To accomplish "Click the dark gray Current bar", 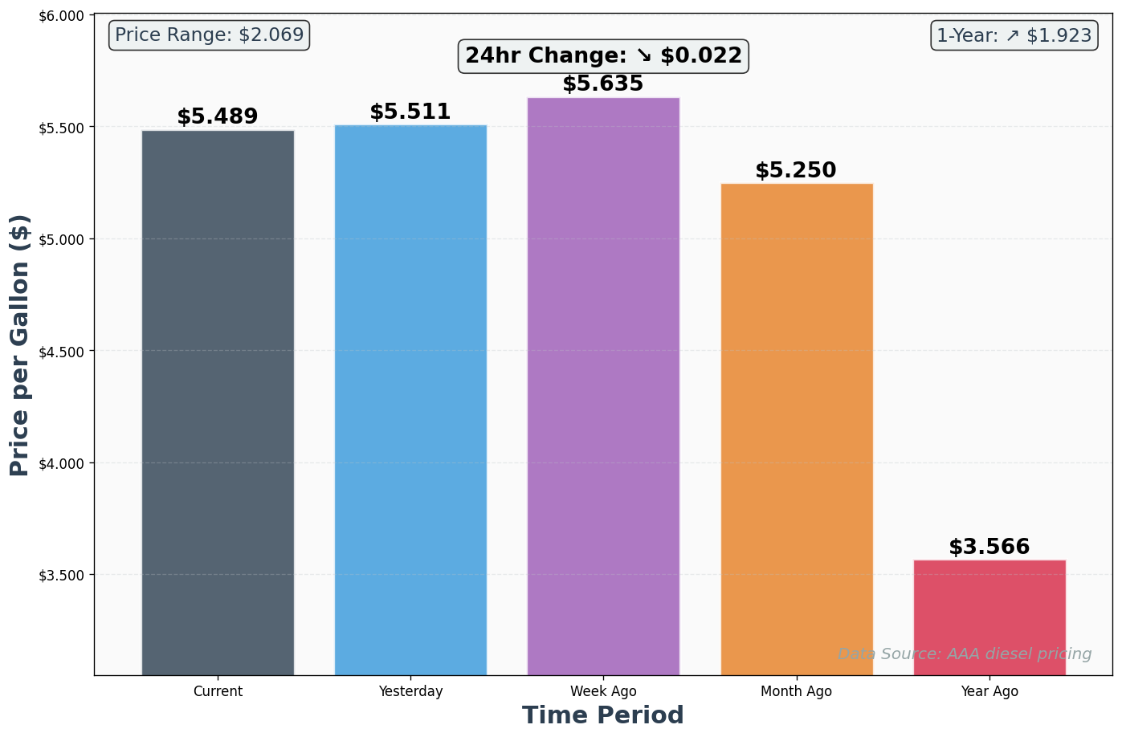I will point(218,401).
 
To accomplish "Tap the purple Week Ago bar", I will point(603,385).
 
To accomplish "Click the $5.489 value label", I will point(218,117).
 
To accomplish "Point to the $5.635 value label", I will point(603,84).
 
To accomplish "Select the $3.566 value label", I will point(989,548).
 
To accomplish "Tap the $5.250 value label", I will point(796,171).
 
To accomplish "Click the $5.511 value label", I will point(410,112).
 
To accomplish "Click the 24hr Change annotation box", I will point(603,56).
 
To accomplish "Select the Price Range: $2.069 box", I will point(209,35).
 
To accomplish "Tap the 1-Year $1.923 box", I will point(1014,35).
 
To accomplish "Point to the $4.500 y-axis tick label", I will point(62,352).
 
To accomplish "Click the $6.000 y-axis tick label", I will point(62,16).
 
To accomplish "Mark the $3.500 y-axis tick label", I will point(62,576).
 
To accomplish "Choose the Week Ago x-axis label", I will point(603,691).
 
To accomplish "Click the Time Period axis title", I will point(603,715).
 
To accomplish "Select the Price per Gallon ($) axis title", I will point(20,345).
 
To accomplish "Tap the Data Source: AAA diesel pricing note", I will point(965,654).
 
